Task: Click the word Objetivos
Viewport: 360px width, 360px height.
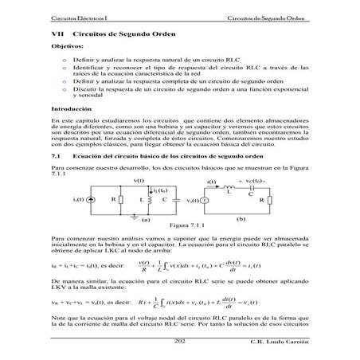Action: click(68, 48)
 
